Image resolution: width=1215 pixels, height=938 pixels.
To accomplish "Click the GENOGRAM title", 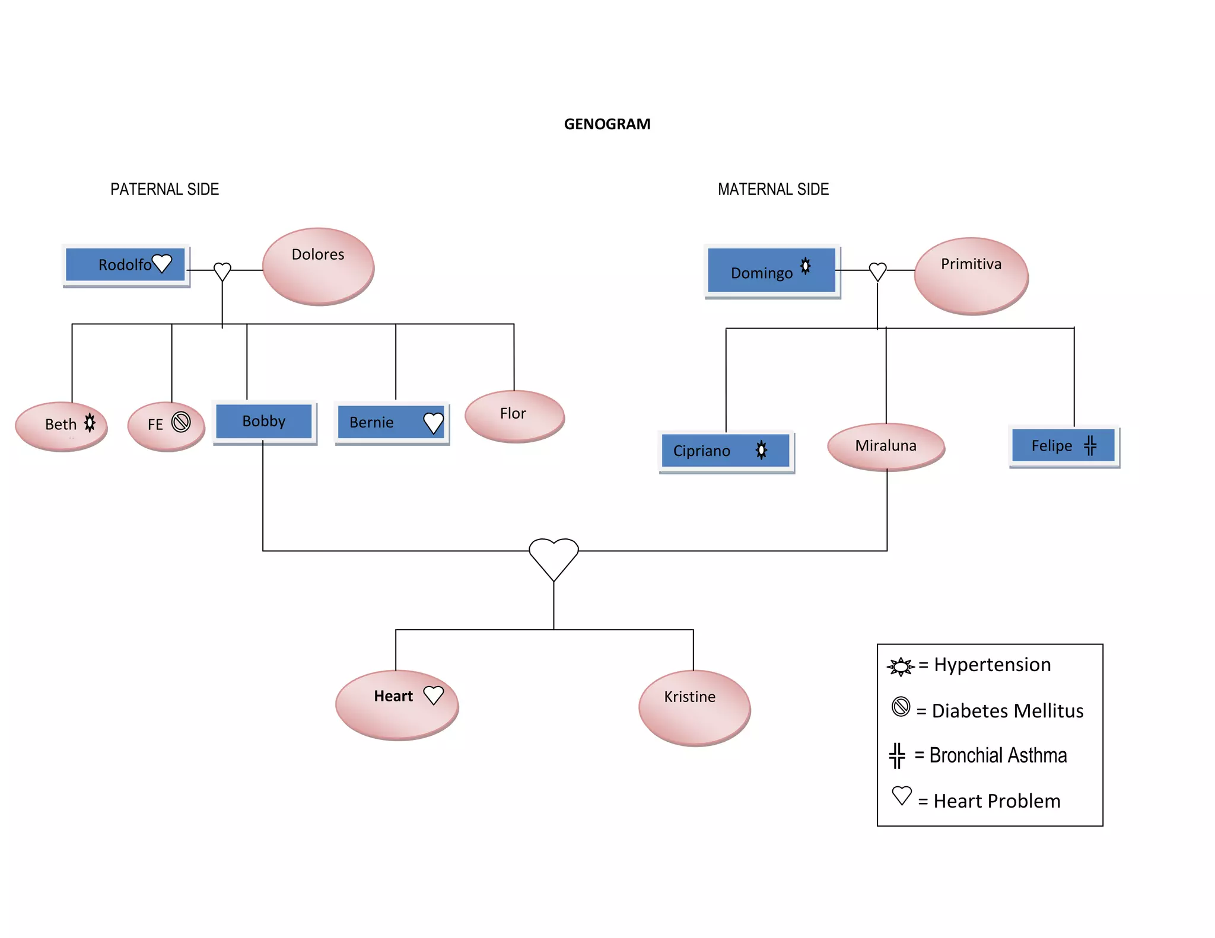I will coord(607,124).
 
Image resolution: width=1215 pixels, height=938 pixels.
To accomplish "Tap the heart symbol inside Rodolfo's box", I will coord(162,263).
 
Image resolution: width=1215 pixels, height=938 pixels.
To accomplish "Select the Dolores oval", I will coord(318,266).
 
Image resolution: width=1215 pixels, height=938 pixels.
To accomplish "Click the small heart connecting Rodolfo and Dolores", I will coord(222,271).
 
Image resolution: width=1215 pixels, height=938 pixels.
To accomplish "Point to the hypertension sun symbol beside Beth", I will coord(90,423).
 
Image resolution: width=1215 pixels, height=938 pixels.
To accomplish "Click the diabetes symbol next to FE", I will coord(181,422).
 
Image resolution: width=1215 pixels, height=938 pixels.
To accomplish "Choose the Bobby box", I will coord(264,422).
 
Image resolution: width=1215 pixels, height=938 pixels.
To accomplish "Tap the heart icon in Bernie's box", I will coord(434,423).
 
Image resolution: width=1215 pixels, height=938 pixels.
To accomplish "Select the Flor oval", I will coord(514,416).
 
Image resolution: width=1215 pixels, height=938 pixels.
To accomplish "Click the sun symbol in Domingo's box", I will coord(805,266).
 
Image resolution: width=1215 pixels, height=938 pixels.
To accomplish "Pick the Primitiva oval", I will coord(971,275).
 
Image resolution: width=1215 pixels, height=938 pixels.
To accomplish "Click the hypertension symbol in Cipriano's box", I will coord(762,450).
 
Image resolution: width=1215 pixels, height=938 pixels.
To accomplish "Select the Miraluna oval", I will coord(886,446).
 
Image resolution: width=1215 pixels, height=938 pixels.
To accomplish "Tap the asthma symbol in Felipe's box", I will coord(1090,445).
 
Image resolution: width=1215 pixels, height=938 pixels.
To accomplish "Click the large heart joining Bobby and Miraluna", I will coord(554,556).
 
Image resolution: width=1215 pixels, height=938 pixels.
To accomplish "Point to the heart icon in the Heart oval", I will coord(434,695).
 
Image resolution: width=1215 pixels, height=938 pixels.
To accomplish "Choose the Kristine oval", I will coord(694,707).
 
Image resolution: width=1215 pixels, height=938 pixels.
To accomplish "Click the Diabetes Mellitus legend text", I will coord(1007,710).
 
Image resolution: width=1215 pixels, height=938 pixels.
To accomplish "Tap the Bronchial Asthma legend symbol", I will coord(897,755).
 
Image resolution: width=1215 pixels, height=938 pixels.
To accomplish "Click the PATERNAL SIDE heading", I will coord(164,189).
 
